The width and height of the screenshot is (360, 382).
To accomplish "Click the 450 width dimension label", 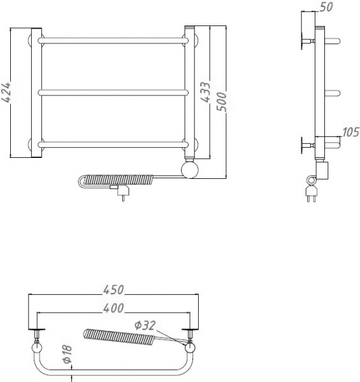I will pyautogui.click(x=113, y=290).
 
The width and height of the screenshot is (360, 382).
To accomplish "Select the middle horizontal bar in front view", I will pyautogui.click(x=113, y=93).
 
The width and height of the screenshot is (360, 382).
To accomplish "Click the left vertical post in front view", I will pyautogui.click(x=36, y=92).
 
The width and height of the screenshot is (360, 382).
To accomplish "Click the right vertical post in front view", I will pyautogui.click(x=190, y=92).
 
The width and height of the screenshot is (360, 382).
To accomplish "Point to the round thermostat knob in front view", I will pyautogui.click(x=191, y=170).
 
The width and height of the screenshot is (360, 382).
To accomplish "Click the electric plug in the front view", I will pyautogui.click(x=120, y=191).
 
